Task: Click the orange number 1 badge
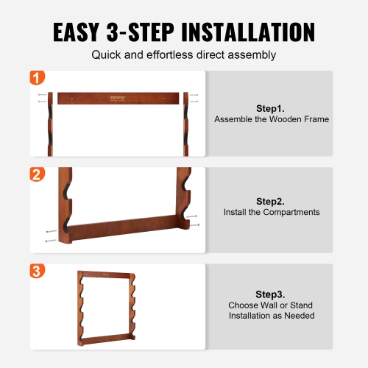[x=37, y=77]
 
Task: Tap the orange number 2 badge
[x=37, y=174]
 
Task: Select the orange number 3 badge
[x=37, y=271]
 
